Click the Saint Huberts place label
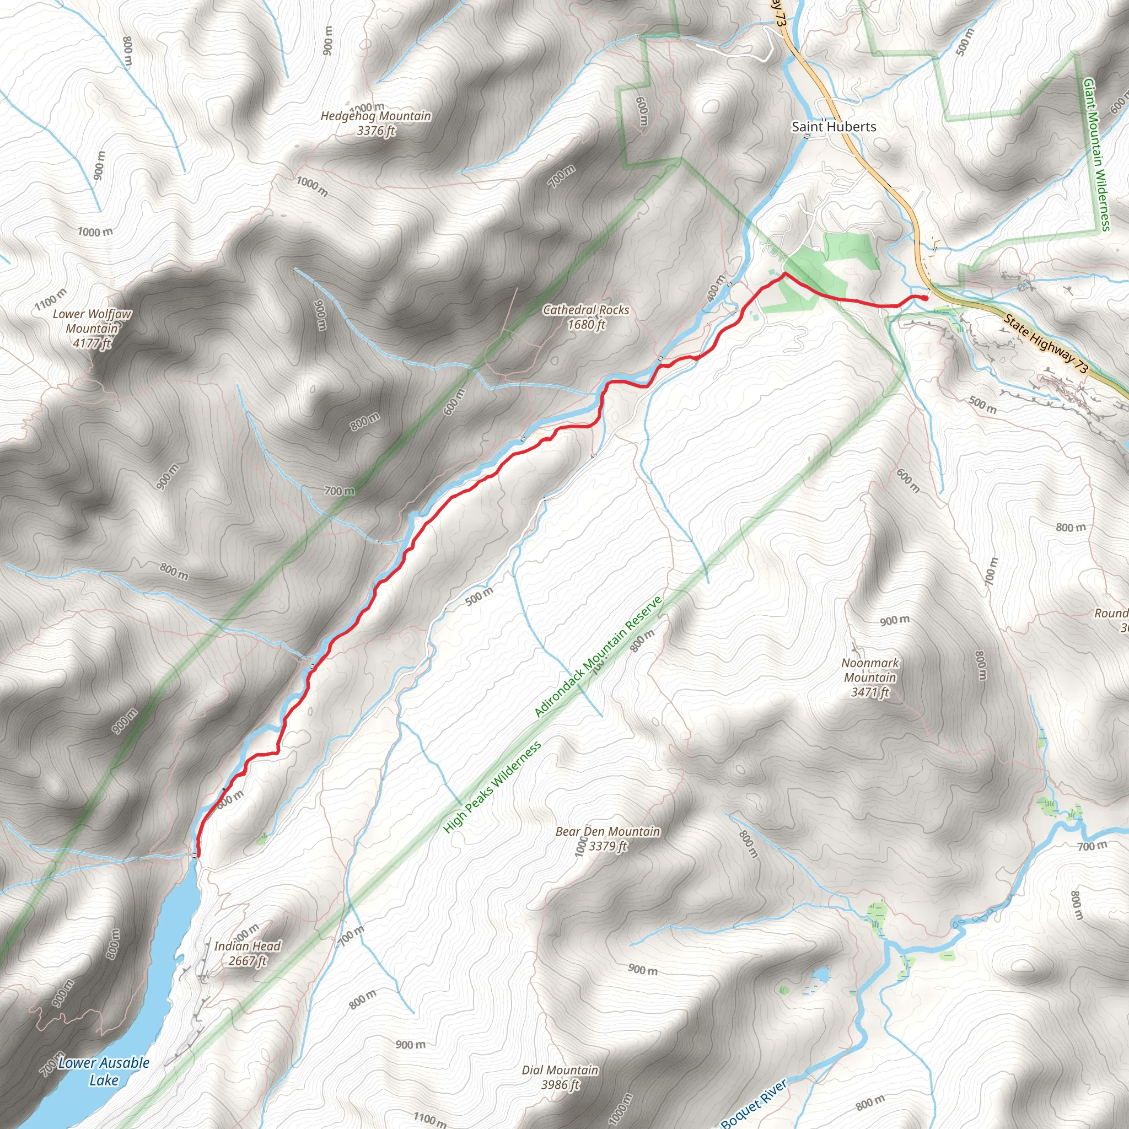point(834,127)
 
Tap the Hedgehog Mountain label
point(376,116)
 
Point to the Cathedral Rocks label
point(585,310)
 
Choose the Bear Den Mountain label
point(607,831)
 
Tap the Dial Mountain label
point(560,1070)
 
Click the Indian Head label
point(247,946)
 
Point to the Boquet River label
point(753,1104)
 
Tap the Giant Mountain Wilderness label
point(1096,155)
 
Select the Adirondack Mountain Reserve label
point(599,656)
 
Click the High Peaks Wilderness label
point(492,787)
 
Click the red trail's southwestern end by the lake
point(198,855)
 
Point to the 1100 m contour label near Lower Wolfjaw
point(50,299)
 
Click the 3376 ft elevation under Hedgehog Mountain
point(376,131)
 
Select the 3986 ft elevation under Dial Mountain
point(560,1084)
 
